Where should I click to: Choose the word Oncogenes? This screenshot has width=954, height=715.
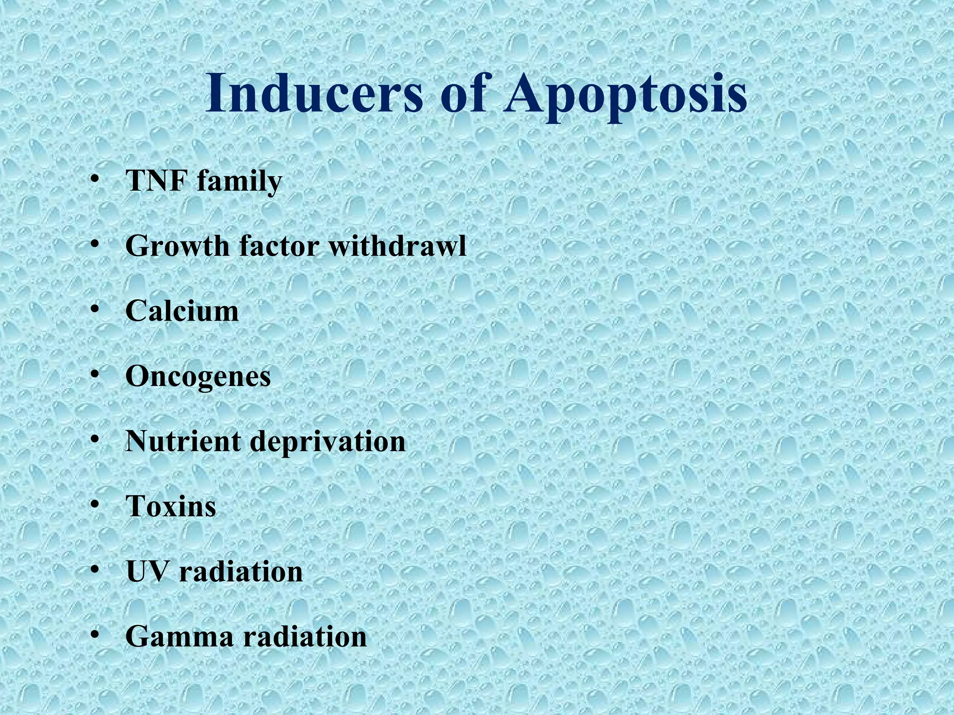tap(198, 378)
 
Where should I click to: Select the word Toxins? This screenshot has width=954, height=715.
tap(171, 506)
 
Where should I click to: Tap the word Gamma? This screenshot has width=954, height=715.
tap(179, 637)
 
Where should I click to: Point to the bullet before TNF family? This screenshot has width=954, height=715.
tap(95, 179)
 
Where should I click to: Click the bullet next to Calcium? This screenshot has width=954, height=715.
tap(95, 309)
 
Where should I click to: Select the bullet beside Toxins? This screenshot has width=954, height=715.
tap(95, 505)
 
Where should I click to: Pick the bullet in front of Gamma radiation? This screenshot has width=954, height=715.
tap(95, 635)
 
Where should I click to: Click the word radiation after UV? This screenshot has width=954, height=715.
tap(241, 572)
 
